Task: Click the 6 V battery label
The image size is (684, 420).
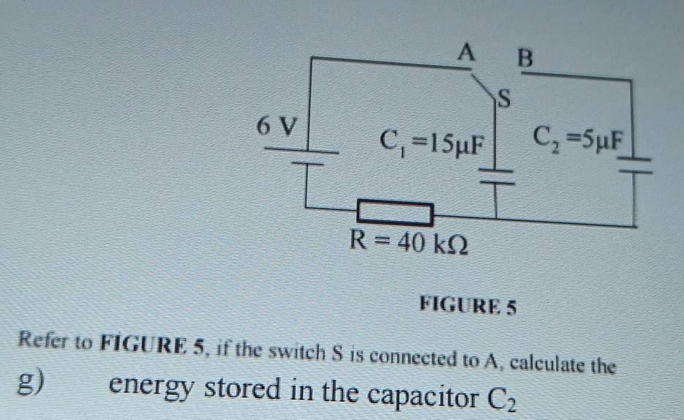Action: pos(277,126)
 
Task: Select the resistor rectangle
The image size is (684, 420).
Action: pos(395,213)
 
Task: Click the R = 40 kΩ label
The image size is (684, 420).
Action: pos(409,242)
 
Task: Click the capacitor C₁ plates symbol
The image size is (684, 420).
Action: pos(497,176)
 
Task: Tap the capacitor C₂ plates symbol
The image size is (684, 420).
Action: pos(635,166)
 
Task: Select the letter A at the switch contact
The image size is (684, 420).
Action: pos(466,53)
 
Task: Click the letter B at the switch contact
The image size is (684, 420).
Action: pos(525,58)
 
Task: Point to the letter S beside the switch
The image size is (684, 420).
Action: pos(504,99)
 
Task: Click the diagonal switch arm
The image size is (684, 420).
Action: pos(484,89)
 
